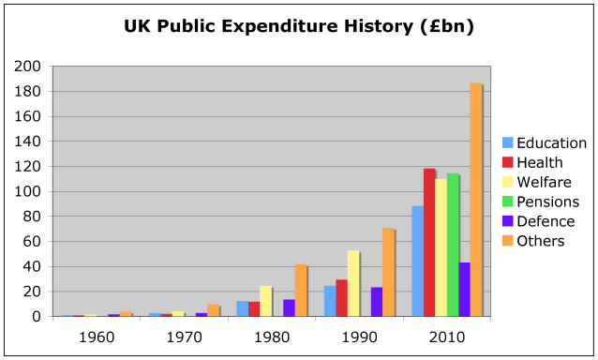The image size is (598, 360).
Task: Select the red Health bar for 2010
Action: (x=429, y=243)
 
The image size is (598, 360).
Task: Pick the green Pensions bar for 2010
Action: (x=453, y=245)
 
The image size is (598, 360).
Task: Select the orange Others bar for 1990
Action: (x=388, y=272)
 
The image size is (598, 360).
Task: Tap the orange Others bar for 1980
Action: (x=300, y=291)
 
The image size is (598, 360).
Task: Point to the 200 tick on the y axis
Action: (x=28, y=67)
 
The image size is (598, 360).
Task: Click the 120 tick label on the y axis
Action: (x=28, y=167)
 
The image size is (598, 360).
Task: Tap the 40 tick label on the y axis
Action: (x=32, y=266)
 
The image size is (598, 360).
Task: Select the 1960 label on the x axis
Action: (x=97, y=335)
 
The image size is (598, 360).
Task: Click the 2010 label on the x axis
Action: (x=446, y=335)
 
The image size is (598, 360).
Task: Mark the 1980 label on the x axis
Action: (x=272, y=335)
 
